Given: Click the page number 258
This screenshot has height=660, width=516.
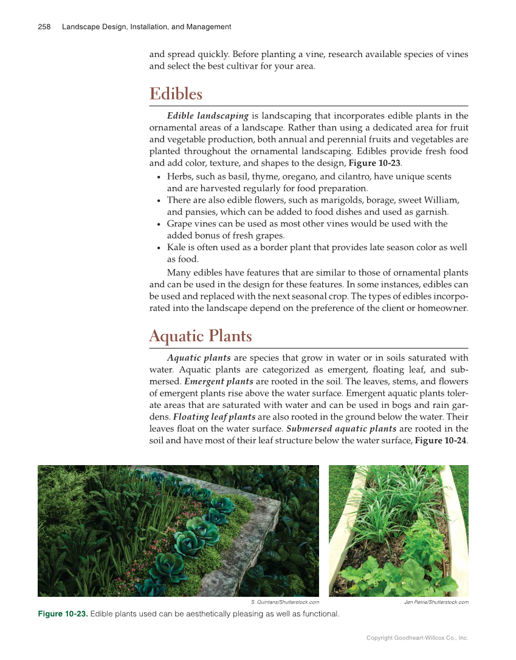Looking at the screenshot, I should coord(44,27).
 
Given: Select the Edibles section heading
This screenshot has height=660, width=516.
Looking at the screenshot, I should coord(176,94).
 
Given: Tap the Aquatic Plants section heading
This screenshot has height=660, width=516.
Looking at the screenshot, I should coord(200,336).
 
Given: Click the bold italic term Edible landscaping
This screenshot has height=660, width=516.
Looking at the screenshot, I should coord(207,116).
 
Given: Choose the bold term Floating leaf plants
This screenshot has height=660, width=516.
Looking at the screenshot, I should coord(214,417).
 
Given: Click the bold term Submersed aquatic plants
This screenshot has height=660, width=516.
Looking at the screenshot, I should coord(341,428).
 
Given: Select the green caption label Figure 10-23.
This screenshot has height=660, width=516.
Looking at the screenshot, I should coord(63,614).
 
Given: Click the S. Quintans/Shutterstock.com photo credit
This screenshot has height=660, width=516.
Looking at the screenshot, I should coord(284,602).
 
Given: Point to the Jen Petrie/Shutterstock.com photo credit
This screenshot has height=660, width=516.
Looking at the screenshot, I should coord(436,602).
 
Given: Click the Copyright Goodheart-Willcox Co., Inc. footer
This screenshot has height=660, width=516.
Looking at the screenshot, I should coord(417,638).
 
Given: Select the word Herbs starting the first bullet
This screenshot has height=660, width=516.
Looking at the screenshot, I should coord(178,176).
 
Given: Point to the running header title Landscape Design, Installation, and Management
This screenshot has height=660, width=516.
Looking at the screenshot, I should coord(146,27).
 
